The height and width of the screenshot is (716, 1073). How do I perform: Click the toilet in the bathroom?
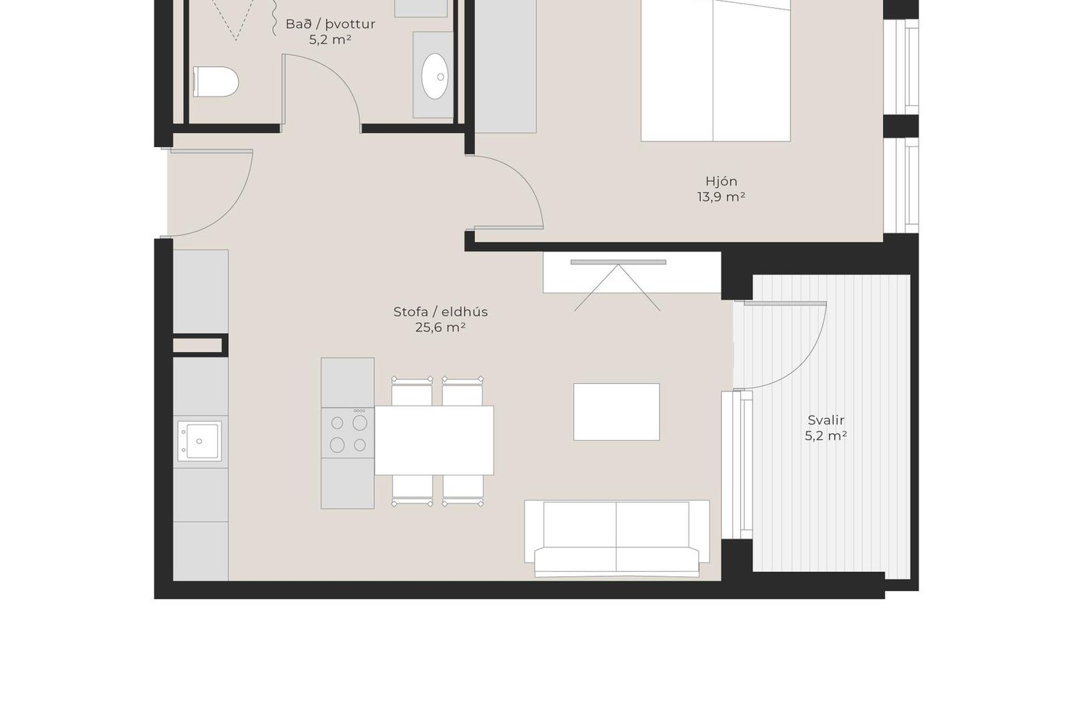tap(216, 82)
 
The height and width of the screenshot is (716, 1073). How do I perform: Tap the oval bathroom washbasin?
tap(435, 76)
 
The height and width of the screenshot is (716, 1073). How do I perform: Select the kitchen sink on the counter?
tap(200, 441)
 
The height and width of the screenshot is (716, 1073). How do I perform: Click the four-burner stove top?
tap(348, 432)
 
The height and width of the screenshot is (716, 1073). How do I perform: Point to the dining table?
tap(434, 440)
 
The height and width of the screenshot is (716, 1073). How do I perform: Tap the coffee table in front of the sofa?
tap(616, 412)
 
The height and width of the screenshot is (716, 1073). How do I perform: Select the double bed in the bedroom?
tap(715, 70)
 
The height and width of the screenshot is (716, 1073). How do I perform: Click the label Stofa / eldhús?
tap(440, 312)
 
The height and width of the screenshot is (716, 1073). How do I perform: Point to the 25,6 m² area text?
tap(440, 328)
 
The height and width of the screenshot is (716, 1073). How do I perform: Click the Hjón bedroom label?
tap(721, 181)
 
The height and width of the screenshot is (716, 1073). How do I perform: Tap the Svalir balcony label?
tap(826, 420)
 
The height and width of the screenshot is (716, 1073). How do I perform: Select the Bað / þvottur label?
tap(330, 24)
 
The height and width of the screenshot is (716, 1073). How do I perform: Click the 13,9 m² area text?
tap(721, 197)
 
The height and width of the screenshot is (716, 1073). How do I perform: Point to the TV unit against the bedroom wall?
tap(632, 272)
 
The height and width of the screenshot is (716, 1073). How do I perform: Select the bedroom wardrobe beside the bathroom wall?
tap(505, 67)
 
